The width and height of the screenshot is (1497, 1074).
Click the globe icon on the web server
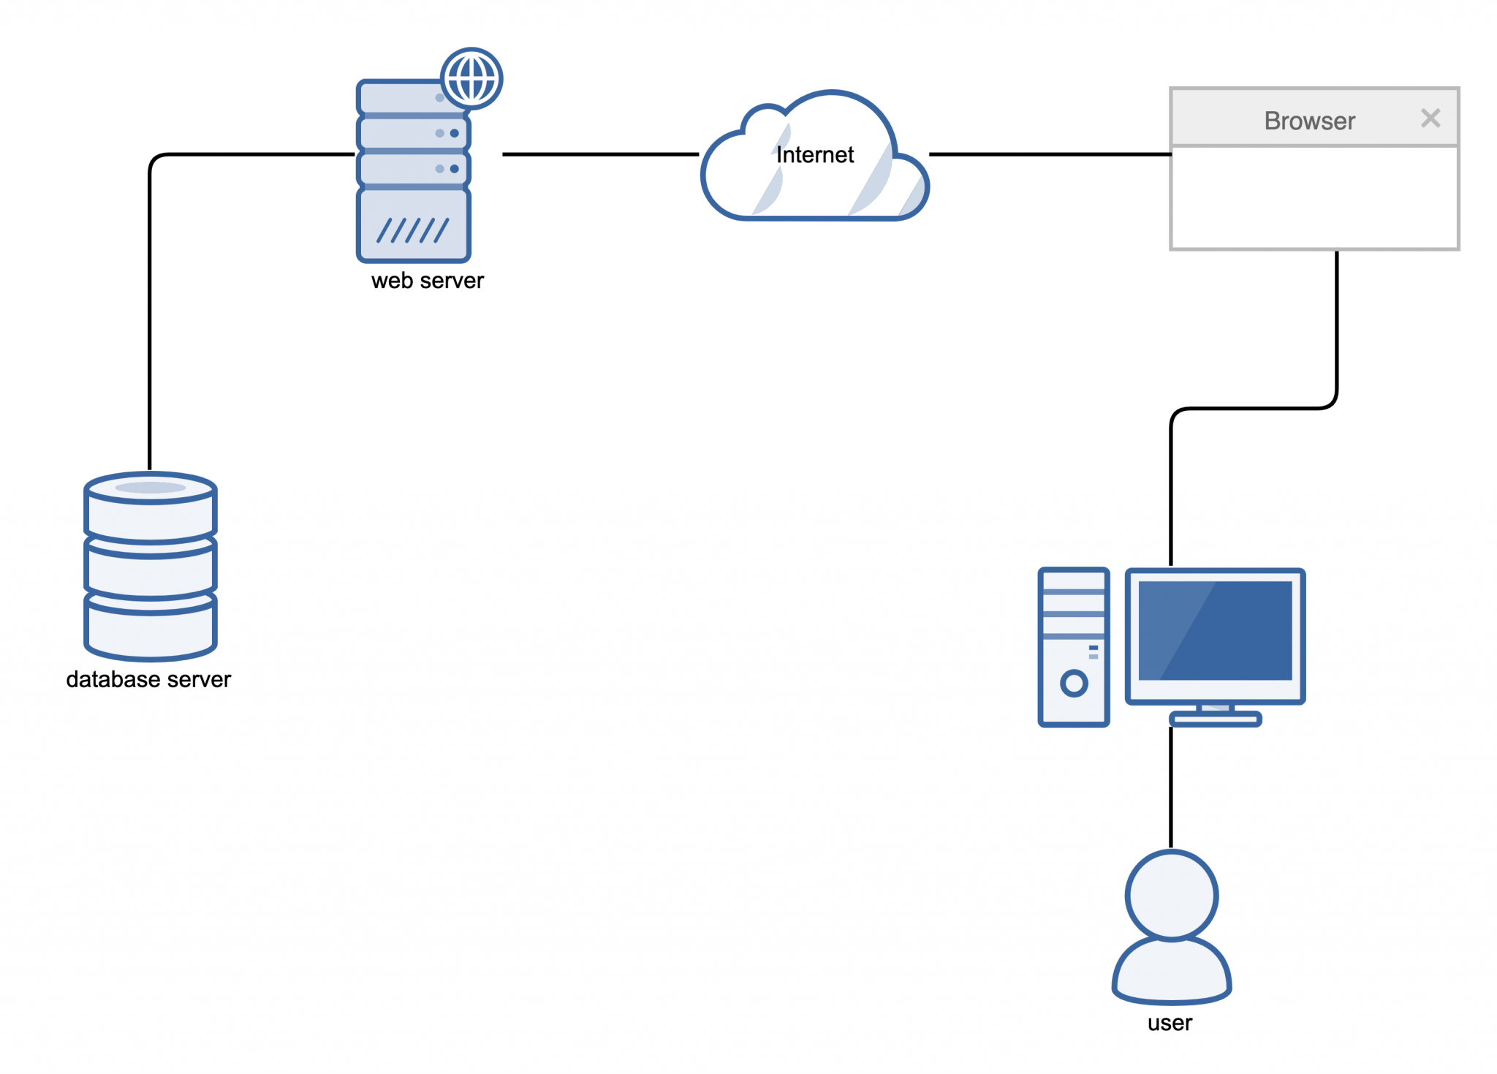(x=471, y=78)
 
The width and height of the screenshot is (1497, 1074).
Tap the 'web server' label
(x=427, y=281)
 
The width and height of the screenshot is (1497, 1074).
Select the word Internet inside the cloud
(x=814, y=155)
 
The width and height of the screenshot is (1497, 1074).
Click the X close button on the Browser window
(x=1430, y=118)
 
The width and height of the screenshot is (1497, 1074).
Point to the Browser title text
(x=1309, y=121)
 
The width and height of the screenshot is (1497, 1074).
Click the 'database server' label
(x=148, y=679)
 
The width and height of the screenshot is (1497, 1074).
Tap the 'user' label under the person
(x=1170, y=1023)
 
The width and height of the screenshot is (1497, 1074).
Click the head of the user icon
(x=1171, y=895)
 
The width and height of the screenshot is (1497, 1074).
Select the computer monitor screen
(x=1215, y=630)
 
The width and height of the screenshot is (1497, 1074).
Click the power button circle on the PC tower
(x=1074, y=683)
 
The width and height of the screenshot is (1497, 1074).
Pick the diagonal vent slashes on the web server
(x=412, y=230)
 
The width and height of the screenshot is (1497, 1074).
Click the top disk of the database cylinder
(x=151, y=488)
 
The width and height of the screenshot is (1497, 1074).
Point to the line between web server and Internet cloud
(x=599, y=154)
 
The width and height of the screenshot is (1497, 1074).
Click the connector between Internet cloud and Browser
(x=1049, y=154)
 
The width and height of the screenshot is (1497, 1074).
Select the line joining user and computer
(x=1171, y=786)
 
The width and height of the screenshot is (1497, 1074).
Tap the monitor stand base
(x=1215, y=719)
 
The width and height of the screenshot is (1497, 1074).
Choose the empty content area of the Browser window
(x=1314, y=197)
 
